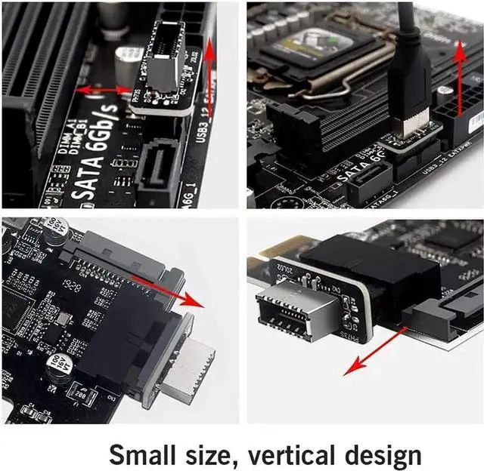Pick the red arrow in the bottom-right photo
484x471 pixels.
pos(374,350)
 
